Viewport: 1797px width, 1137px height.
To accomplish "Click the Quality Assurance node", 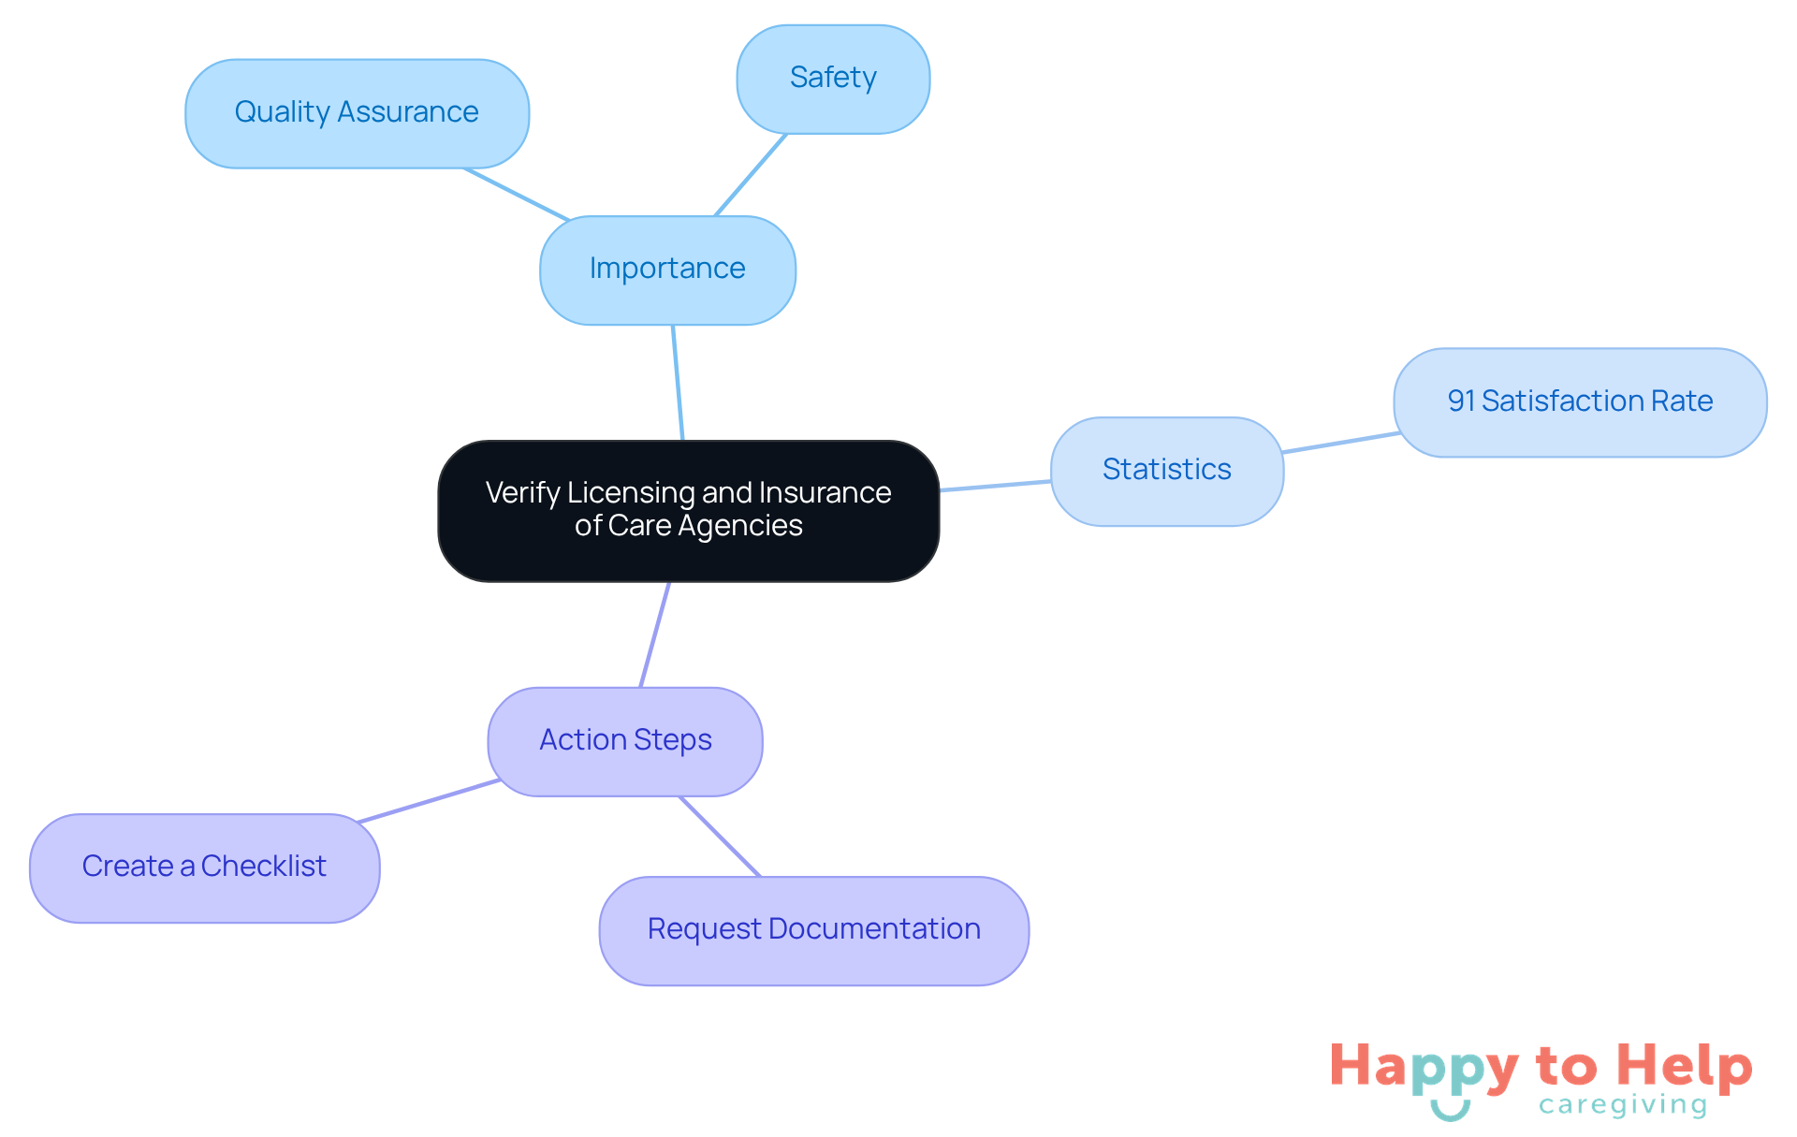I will pos(357,113).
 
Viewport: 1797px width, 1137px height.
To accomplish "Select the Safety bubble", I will pos(833,79).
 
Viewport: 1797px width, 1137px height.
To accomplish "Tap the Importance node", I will pos(667,270).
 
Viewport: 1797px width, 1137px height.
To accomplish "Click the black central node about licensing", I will pos(688,510).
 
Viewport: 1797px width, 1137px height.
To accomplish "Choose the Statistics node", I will pos(1166,470).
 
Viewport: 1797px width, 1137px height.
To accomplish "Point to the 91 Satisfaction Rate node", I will pos(1580,401).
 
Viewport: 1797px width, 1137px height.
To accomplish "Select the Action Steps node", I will pos(625,741).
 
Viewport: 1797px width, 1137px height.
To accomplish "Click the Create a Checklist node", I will pos(204,867).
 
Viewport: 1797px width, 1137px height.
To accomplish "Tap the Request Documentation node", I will pos(813,930).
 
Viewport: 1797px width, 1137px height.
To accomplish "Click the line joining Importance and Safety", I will pos(751,175).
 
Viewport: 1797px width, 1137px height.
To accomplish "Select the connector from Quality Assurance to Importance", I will pos(517,194).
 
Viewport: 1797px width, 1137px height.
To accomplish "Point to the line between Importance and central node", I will pos(678,382).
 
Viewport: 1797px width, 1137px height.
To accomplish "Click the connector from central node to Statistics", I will pos(995,486).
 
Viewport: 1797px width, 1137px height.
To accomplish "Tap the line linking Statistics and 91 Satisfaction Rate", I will pos(1340,443).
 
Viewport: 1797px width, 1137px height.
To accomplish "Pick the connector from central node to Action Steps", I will pos(655,634).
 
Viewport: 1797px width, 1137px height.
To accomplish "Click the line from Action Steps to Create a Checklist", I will pos(429,801).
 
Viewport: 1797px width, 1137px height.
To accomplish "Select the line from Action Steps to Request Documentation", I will pos(720,837).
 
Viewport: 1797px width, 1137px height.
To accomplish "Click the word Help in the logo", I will pos(1684,1066).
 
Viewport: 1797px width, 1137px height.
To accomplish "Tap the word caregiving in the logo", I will pos(1623,1105).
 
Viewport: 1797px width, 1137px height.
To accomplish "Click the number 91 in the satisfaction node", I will pos(1461,401).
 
